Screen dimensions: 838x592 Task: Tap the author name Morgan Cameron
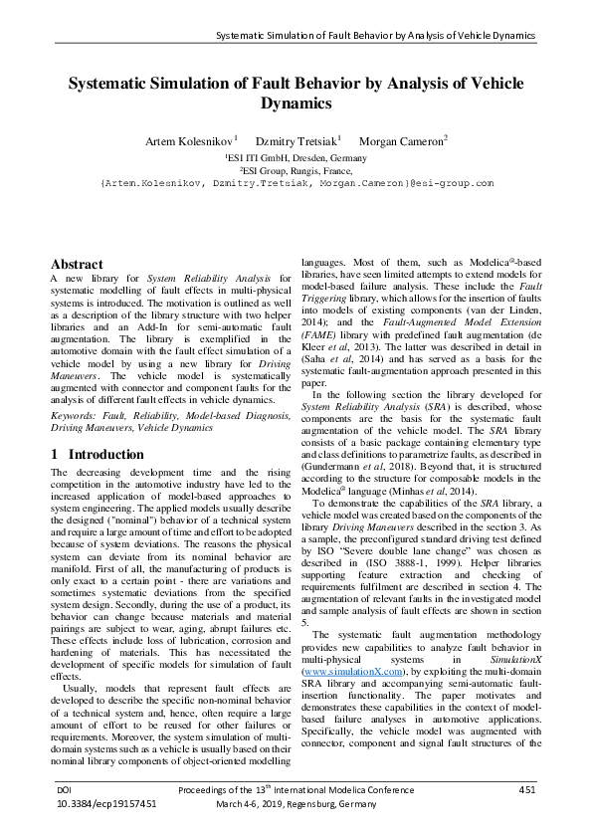click(x=402, y=141)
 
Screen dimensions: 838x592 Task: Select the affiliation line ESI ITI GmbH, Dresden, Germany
click(x=296, y=157)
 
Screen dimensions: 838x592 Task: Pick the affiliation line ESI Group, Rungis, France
click(x=296, y=170)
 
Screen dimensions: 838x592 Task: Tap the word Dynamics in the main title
click(x=296, y=103)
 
